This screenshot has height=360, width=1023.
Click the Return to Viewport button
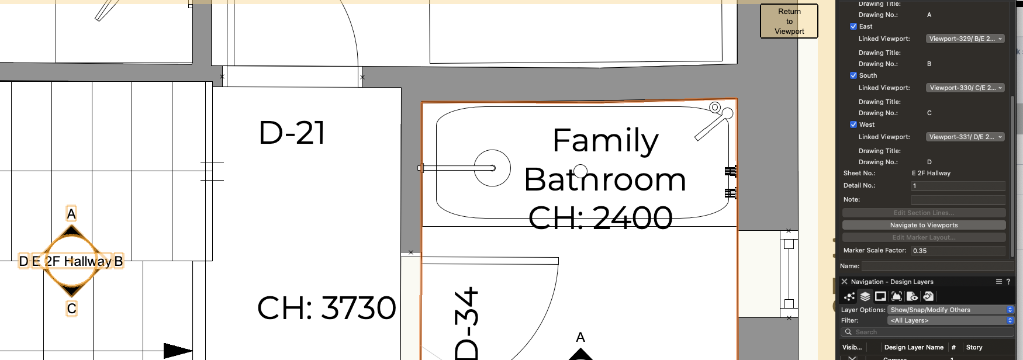pos(789,22)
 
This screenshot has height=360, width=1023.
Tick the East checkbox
pos(853,26)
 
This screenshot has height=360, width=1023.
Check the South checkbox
pos(853,75)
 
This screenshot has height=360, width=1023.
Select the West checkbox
pos(853,124)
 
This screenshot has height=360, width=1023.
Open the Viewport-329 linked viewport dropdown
pos(965,39)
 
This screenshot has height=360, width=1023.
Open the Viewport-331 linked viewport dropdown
pos(965,137)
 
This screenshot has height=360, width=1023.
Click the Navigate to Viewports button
pos(924,225)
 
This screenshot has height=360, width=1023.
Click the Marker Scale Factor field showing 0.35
pos(958,251)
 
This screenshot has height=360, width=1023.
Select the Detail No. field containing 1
pos(958,186)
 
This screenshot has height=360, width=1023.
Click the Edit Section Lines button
pos(924,213)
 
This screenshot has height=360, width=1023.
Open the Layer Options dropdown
pos(951,310)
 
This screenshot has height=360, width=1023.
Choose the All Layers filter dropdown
pos(951,320)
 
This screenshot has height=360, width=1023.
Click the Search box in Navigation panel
pos(927,332)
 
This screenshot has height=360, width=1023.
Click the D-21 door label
pos(292,133)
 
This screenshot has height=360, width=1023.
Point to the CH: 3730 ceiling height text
pos(326,308)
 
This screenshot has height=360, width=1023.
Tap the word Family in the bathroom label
pos(605,141)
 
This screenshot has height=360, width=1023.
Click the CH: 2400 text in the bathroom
pos(600,218)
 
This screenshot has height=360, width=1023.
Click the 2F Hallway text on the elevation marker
pos(78,261)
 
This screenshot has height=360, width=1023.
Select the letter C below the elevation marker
pos(71,309)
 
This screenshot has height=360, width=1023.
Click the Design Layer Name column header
pos(913,347)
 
